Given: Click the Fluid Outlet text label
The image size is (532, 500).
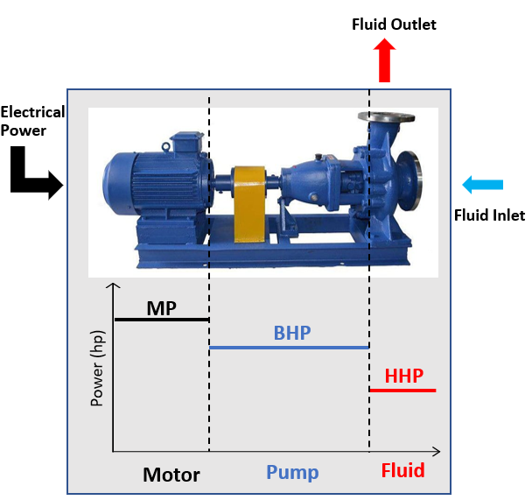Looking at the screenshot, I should point(394,25).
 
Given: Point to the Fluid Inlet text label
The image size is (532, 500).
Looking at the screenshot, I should point(489,215).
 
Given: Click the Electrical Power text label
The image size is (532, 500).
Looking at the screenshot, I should point(32,121).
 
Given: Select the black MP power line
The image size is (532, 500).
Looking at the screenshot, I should point(161,320).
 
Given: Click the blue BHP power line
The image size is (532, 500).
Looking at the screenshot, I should point(289,348).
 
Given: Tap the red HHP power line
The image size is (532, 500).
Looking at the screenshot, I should point(402,390).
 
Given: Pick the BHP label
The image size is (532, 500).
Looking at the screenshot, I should point(292,333).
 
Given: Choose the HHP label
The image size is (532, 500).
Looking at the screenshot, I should point(404,377).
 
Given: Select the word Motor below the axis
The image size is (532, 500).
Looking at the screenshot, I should point(171,475).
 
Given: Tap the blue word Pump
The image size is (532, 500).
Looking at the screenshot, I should point(292,473).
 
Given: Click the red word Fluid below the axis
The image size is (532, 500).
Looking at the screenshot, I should point(402,471).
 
